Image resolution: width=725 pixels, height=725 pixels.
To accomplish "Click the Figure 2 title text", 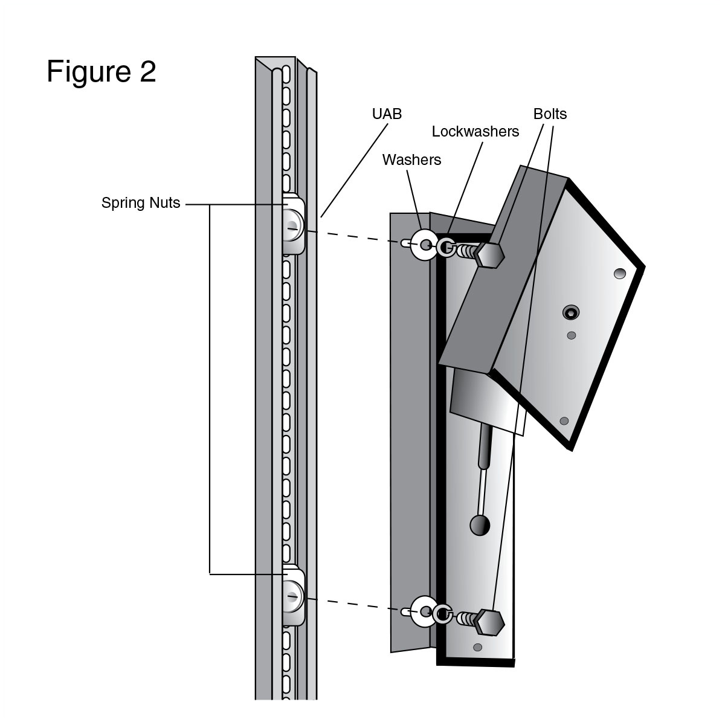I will [x=101, y=71].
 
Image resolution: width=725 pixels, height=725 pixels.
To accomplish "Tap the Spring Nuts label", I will [x=141, y=203].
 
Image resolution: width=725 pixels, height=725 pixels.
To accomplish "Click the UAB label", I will [x=387, y=114].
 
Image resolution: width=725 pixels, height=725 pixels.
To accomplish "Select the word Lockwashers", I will [x=475, y=132].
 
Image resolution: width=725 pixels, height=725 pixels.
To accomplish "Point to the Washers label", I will [x=411, y=159].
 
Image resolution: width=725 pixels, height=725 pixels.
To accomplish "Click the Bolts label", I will [x=550, y=114].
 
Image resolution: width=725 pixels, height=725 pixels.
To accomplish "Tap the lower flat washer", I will [x=424, y=611].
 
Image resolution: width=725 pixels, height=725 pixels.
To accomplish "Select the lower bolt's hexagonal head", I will [x=489, y=622].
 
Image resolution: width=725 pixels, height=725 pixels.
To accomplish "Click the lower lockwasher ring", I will [x=443, y=614].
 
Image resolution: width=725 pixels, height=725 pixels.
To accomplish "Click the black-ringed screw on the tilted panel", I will [x=570, y=312].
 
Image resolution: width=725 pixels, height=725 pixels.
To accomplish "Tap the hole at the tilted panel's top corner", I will [x=619, y=274].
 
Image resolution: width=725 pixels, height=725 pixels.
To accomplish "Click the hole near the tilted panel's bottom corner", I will [x=564, y=420].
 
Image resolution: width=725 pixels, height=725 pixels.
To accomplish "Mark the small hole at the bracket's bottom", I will [x=477, y=648].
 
